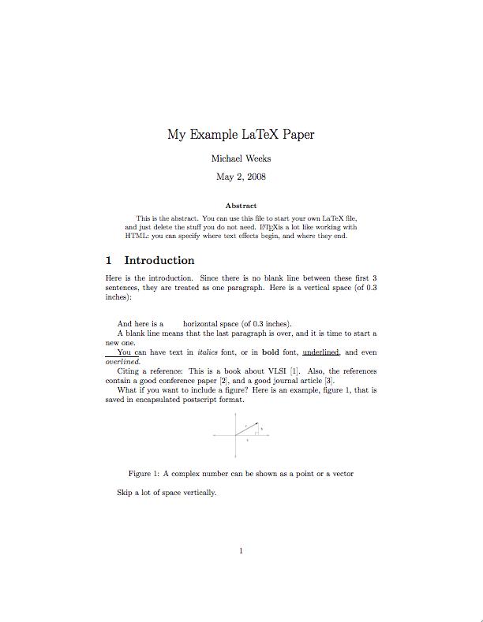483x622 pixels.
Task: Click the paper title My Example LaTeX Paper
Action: pos(241,134)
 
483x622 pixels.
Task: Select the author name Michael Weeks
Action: pos(241,158)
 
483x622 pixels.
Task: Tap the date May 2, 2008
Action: pos(241,177)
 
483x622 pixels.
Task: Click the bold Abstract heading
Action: pos(241,206)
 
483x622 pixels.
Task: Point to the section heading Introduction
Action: pos(159,261)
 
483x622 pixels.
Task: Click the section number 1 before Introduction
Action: pos(109,261)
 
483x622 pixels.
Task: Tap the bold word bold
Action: pos(271,352)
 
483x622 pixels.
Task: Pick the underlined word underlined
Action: pos(320,352)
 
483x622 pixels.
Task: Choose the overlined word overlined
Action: pos(122,362)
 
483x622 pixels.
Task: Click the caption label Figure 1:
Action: pos(144,474)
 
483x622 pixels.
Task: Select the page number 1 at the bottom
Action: pos(241,550)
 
